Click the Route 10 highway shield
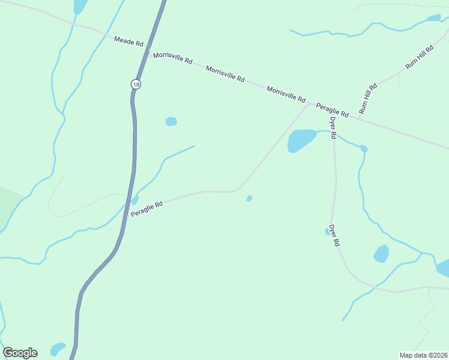click(136, 85)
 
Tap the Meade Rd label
click(129, 42)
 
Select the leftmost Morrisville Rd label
click(172, 58)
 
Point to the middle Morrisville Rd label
click(225, 74)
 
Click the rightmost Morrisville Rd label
click(286, 93)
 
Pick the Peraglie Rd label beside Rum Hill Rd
click(333, 109)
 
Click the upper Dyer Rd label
click(332, 127)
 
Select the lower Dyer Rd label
click(335, 235)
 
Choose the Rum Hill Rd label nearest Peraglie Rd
click(367, 98)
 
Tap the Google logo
click(20, 353)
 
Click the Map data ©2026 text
click(423, 355)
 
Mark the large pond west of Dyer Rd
click(301, 141)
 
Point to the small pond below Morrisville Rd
click(171, 121)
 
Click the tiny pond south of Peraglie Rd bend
click(249, 199)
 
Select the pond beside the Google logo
click(58, 349)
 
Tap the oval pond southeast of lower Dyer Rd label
click(381, 254)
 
